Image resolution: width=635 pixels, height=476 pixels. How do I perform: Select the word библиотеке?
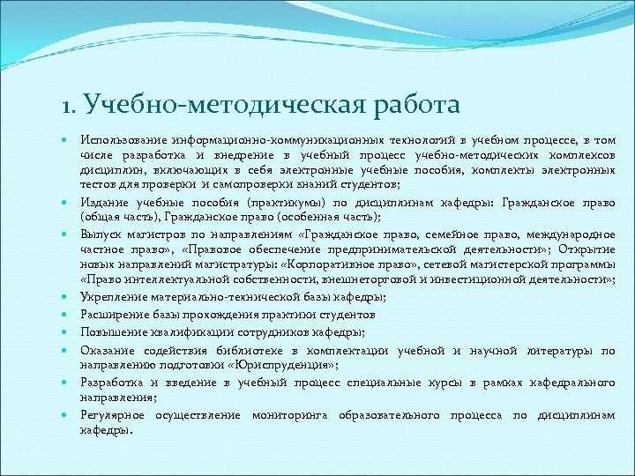(x=244, y=350)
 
